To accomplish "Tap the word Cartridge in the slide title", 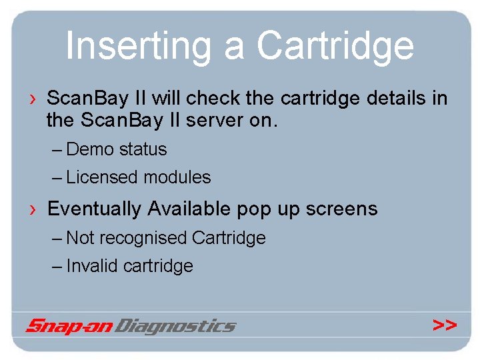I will click(x=335, y=46).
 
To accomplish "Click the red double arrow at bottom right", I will click(x=444, y=325).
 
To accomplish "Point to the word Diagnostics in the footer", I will click(x=175, y=326).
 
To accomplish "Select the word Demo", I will click(x=91, y=149).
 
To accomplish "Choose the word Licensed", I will click(x=103, y=177).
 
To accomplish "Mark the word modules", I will click(x=177, y=177).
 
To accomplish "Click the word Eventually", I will click(x=94, y=209).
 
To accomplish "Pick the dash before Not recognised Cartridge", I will click(x=57, y=238).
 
